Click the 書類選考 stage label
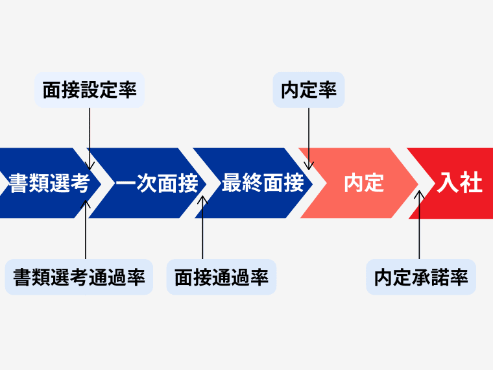point(49,184)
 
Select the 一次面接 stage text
point(157,184)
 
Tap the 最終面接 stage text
point(263,183)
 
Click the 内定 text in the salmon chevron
point(363,183)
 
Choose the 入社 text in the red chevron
point(459,183)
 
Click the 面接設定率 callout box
point(90,90)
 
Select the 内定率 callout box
point(309,90)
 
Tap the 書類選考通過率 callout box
point(79,278)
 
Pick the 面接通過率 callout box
point(221,278)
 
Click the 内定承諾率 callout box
point(421,278)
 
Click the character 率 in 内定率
point(328,90)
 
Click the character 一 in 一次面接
point(126,184)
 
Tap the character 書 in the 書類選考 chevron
point(18,184)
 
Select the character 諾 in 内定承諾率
point(440,278)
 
